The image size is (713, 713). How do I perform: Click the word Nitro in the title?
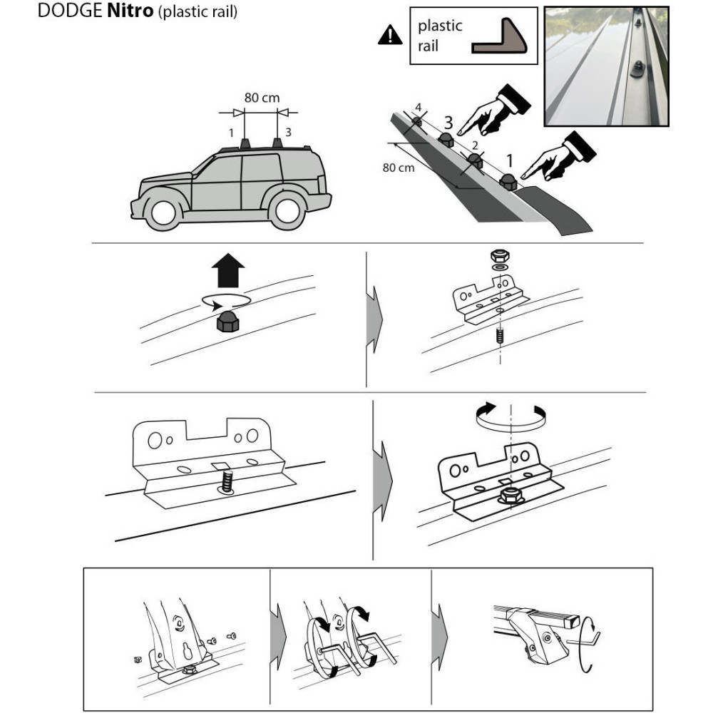130,11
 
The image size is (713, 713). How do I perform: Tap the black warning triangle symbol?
390,36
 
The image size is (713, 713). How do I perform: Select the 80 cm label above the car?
262,98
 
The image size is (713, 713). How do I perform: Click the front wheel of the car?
163,212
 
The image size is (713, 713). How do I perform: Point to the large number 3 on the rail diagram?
448,123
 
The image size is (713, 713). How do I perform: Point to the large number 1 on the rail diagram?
510,160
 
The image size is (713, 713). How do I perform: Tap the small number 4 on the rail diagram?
419,108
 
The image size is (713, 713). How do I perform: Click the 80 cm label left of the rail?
399,168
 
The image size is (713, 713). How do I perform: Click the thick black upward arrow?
228,270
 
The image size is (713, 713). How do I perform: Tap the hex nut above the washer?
500,255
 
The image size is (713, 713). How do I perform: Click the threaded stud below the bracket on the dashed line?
501,336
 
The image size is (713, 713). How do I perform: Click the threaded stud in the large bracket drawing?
227,481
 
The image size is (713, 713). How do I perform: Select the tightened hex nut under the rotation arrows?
511,496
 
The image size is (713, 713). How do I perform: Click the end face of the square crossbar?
573,621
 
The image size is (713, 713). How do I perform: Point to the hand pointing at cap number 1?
558,156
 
